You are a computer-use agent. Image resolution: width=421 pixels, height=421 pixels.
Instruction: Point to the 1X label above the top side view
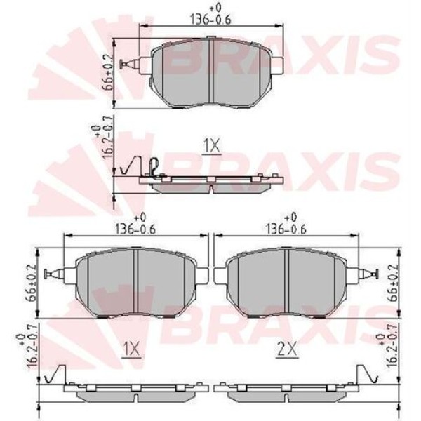pyautogui.click(x=212, y=145)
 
